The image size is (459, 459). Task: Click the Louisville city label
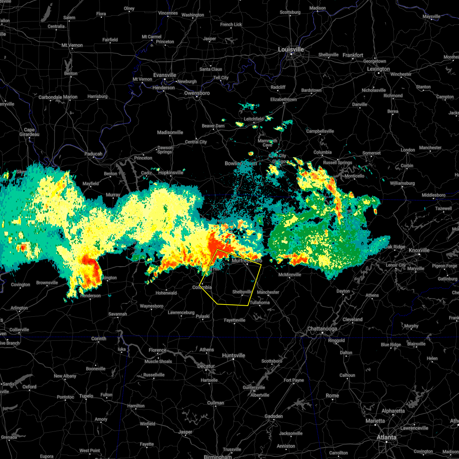pos(291,50)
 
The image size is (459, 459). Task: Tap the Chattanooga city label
pos(322,329)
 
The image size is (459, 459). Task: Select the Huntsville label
pos(233,355)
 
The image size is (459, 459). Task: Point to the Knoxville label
pos(419,250)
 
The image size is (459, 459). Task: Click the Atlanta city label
pos(386,437)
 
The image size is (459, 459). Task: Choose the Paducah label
pos(93,154)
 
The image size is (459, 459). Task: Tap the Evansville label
pos(164,75)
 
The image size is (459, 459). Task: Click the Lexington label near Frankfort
pos(378,69)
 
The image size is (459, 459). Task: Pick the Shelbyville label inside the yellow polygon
pos(243,292)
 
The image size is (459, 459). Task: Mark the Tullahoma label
pos(260,303)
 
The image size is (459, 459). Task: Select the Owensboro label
pos(197,93)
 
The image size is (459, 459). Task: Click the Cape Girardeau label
pos(29,132)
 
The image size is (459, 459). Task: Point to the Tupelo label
pos(86,396)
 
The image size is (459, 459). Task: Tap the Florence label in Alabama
pos(157,350)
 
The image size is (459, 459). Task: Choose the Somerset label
pos(371,153)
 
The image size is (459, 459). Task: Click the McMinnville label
pos(290,275)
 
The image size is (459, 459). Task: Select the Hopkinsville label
pos(171,173)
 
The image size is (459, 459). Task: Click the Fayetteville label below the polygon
pos(234,320)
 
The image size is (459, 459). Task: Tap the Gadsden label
pos(273,416)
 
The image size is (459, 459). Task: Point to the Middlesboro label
pos(433,195)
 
